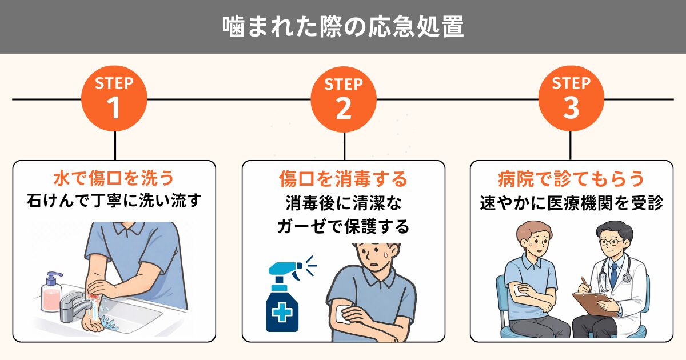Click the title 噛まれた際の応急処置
(x=343, y=27)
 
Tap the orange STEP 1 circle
(x=114, y=99)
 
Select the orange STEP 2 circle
(x=344, y=99)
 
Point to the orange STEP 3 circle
(x=571, y=99)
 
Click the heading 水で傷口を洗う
(x=114, y=178)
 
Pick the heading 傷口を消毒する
(x=344, y=179)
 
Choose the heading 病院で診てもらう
(x=572, y=179)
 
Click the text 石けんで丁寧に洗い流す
(x=114, y=201)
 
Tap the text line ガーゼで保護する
(x=344, y=226)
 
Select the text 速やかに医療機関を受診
(x=572, y=203)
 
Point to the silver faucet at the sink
(x=74, y=306)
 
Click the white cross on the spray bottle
(x=282, y=313)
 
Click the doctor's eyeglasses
(x=610, y=242)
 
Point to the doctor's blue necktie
(x=614, y=274)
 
